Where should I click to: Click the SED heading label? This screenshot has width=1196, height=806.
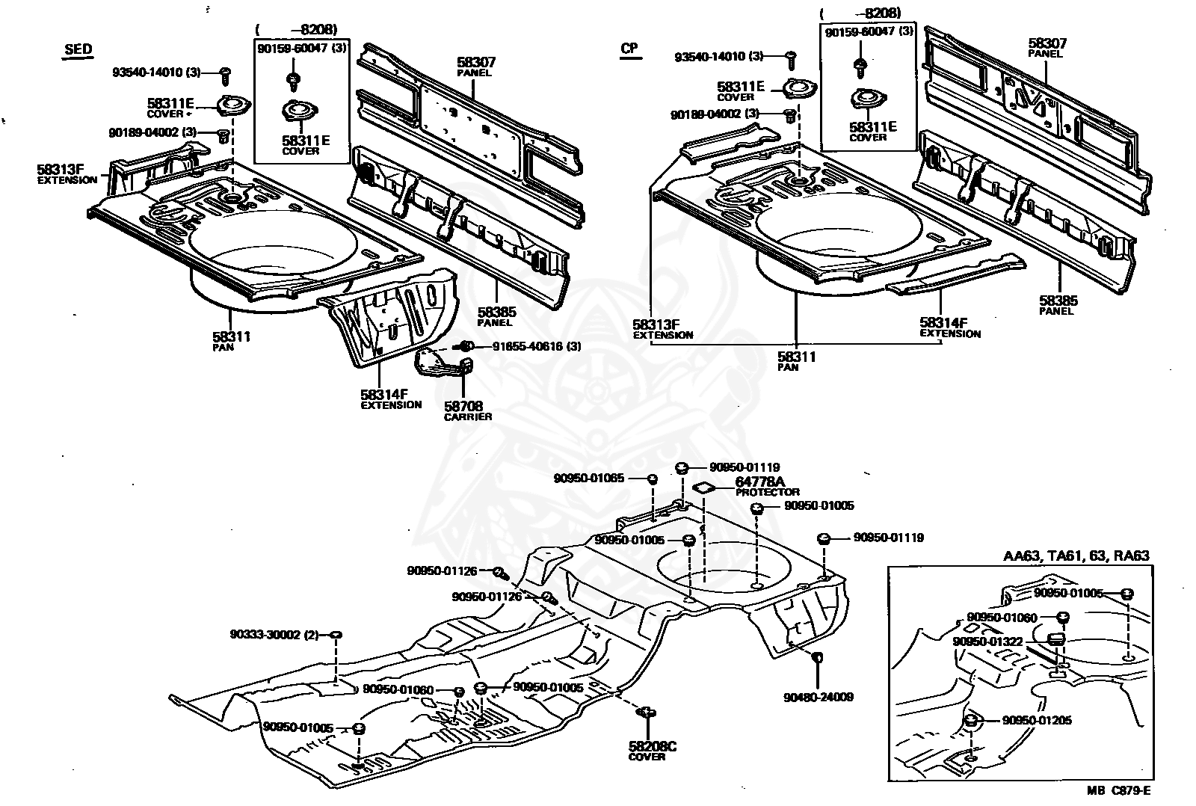pyautogui.click(x=78, y=49)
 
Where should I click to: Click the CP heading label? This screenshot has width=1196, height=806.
pyautogui.click(x=629, y=48)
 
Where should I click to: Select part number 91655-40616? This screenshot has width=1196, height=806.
pyautogui.click(x=528, y=346)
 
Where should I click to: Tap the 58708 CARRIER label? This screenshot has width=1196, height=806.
pyautogui.click(x=467, y=410)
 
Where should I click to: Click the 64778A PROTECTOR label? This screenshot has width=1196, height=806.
pyautogui.click(x=767, y=487)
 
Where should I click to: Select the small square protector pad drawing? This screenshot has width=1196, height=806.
pyautogui.click(x=703, y=487)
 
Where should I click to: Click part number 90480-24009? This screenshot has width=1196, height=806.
pyautogui.click(x=818, y=697)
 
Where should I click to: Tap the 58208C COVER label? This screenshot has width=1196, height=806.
pyautogui.click(x=651, y=750)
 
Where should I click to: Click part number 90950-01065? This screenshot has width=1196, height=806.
pyautogui.click(x=588, y=478)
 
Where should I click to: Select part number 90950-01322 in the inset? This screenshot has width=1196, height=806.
pyautogui.click(x=987, y=641)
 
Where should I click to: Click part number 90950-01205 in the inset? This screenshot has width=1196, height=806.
pyautogui.click(x=1036, y=720)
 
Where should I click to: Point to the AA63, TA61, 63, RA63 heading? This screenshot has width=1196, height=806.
pyautogui.click(x=1076, y=556)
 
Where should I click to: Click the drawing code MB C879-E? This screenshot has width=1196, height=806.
pyautogui.click(x=1118, y=790)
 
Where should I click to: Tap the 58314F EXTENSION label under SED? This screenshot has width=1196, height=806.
pyautogui.click(x=391, y=399)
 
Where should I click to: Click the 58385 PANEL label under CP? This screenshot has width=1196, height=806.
pyautogui.click(x=1058, y=305)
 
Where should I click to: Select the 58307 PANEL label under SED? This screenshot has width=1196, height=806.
pyautogui.click(x=475, y=67)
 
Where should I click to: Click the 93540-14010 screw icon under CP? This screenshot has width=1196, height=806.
pyautogui.click(x=792, y=61)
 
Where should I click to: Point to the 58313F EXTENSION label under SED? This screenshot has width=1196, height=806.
pyautogui.click(x=67, y=174)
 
